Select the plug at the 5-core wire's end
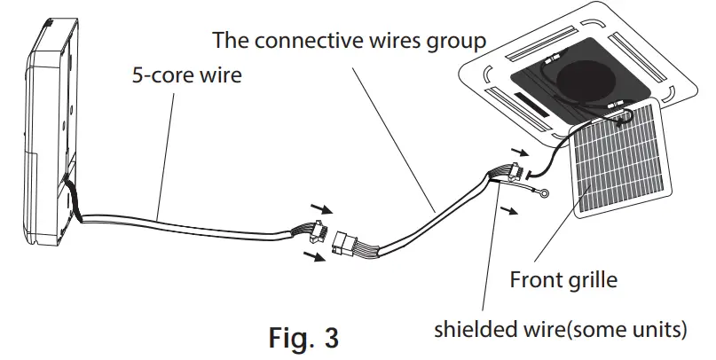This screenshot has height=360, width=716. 310,234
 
